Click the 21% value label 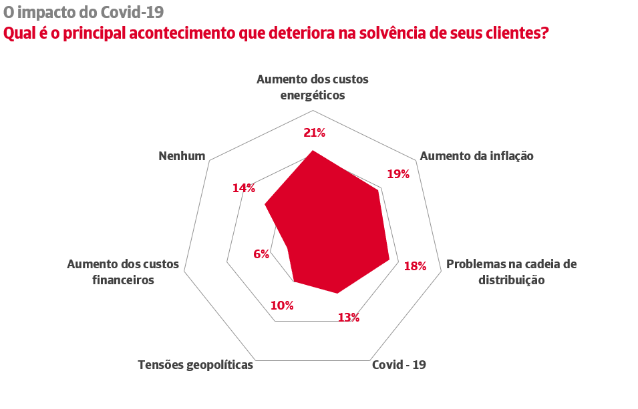coord(314,133)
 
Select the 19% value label coord(398,174)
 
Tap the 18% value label coord(415,266)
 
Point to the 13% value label coord(349,318)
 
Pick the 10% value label coord(282,306)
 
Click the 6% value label coord(261,254)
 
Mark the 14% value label coord(244,188)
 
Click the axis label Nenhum coord(182,156)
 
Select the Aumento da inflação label coord(476,156)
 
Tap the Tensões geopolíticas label coord(196,365)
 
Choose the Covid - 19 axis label coord(399,365)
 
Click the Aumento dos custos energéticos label coord(313,87)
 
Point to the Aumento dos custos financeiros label coord(123,272)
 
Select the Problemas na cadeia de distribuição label coord(511,272)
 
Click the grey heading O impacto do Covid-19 coord(84,12)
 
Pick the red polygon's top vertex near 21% coord(313,151)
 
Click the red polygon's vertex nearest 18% coord(389,260)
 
